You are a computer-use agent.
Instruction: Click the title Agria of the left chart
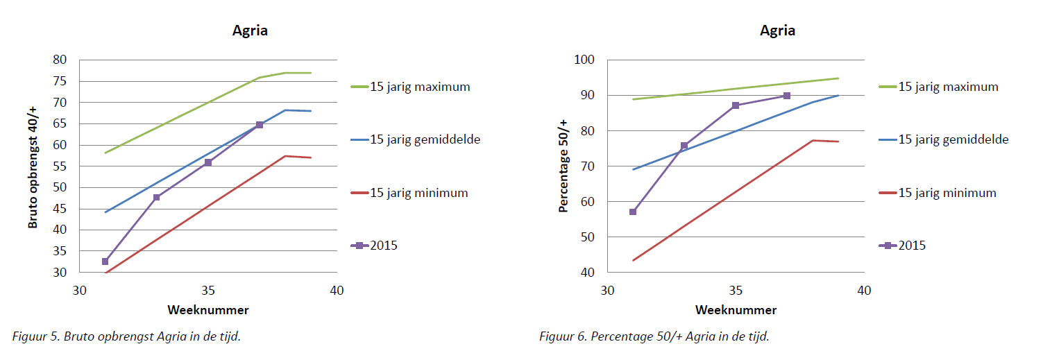coord(249,31)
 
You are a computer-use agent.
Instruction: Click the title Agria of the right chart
coord(777,31)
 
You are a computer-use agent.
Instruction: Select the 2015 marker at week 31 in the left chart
coord(105,262)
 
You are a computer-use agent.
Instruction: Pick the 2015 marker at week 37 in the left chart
coord(260,125)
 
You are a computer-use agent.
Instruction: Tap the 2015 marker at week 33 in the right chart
coord(684,146)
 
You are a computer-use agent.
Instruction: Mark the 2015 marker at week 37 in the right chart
coord(787,96)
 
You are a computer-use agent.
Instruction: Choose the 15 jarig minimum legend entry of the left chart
coord(409,193)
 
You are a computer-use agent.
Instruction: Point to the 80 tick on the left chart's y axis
coord(60,60)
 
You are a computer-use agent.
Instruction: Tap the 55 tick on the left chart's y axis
coord(60,166)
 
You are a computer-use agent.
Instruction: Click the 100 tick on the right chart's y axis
coord(585,60)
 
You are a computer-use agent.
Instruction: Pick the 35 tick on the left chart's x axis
coord(208,291)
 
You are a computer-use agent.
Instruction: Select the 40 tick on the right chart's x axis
coord(864,291)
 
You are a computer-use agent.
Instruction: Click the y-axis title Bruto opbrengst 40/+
coord(33,166)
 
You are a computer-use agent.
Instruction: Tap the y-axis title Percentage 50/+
coord(563,166)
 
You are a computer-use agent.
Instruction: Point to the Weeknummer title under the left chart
coord(207,310)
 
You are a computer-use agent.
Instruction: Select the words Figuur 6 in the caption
coord(562,336)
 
